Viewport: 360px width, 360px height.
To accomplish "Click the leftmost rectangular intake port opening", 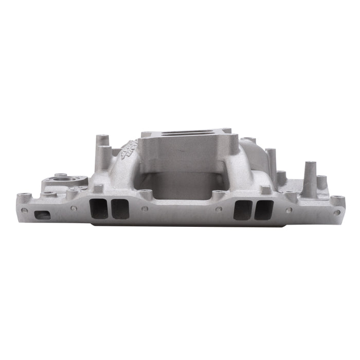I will click(x=98, y=209).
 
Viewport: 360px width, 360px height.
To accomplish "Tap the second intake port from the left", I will click(x=120, y=209).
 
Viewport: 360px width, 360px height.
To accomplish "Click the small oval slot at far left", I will click(x=42, y=215).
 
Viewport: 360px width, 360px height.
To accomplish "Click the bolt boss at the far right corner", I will click(x=337, y=199).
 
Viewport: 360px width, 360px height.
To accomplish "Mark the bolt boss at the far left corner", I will click(x=23, y=196).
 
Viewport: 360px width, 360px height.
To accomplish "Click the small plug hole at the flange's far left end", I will click(x=24, y=210).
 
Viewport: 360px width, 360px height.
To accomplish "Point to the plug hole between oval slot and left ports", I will click(x=74, y=208).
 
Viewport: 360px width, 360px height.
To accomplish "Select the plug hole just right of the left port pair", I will click(x=145, y=209).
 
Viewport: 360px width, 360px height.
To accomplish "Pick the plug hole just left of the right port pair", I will click(x=219, y=209).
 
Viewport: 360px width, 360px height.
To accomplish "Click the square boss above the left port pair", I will click(x=96, y=189).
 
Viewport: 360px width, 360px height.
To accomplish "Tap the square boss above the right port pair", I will click(x=265, y=190).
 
